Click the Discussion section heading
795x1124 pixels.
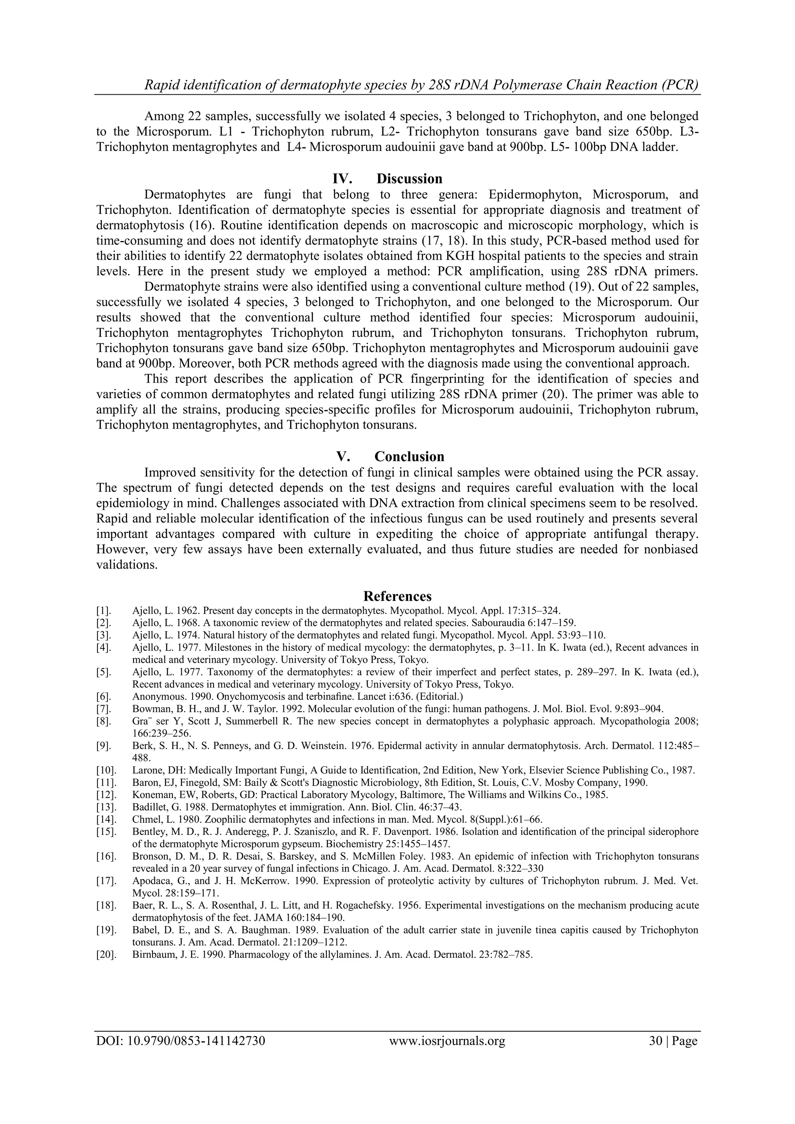coord(409,179)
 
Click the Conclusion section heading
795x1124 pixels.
coord(409,456)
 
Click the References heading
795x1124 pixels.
coord(397,596)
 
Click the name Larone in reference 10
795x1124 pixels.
coord(145,770)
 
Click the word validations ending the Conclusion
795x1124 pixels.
coord(127,565)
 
